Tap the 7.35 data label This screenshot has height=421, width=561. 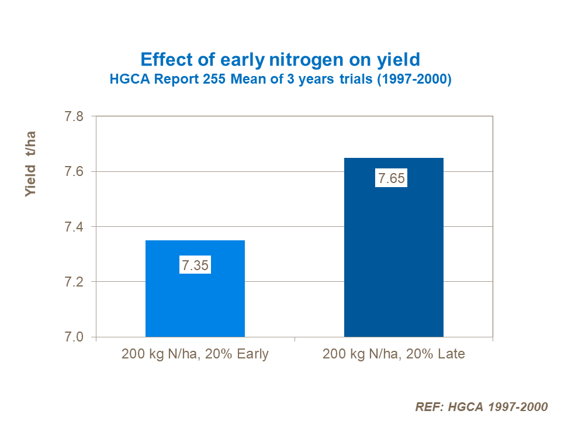(195, 265)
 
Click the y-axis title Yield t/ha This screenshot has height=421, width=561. (31, 164)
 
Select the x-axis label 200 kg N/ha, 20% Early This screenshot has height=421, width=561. (195, 354)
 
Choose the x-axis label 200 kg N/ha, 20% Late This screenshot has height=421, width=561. (393, 354)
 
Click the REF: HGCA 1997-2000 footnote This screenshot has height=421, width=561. (481, 407)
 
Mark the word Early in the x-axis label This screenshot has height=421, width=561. (251, 354)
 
